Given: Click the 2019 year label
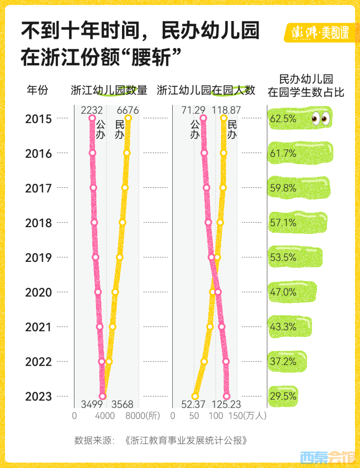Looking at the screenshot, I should (x=38, y=257).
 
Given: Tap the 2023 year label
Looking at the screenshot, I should (x=38, y=396).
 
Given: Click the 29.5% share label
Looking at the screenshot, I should (x=283, y=396).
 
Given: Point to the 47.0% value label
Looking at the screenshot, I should (x=283, y=292).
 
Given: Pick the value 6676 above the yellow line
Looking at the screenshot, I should (x=127, y=110).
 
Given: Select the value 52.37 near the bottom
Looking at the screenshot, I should (x=194, y=404).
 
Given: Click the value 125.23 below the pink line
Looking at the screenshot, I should (x=226, y=404).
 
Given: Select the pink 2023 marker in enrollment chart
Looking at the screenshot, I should (x=227, y=396).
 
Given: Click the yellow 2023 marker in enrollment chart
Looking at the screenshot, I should (x=195, y=396).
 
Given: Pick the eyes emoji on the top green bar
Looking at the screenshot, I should (x=321, y=118).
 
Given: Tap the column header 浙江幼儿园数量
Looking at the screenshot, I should (x=109, y=90).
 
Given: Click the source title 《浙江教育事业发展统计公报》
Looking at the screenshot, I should (x=187, y=441).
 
